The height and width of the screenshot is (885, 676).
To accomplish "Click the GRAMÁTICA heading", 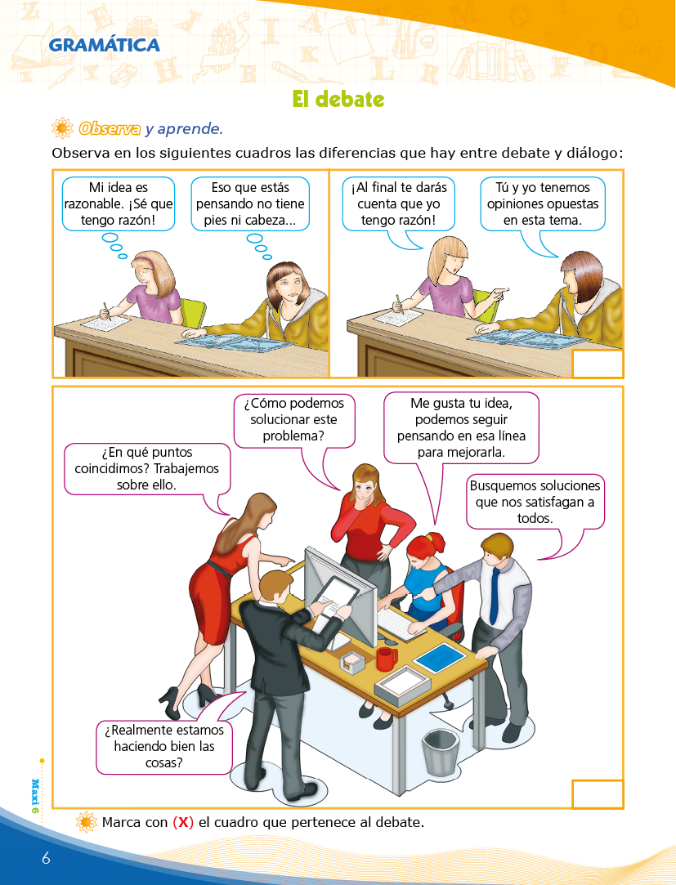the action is click(x=104, y=45).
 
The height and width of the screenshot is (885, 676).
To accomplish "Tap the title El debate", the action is click(x=338, y=100).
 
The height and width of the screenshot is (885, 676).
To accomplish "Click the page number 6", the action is click(x=46, y=858).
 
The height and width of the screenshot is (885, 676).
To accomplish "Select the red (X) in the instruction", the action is click(x=183, y=822).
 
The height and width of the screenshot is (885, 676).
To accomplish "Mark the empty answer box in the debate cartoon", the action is click(x=598, y=364).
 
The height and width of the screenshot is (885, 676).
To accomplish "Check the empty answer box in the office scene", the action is click(x=598, y=794).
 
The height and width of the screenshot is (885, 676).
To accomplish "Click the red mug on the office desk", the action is click(x=387, y=659).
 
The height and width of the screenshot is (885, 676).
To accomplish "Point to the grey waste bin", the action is click(x=438, y=752).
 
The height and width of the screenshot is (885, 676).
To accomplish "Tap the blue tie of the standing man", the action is click(x=495, y=595).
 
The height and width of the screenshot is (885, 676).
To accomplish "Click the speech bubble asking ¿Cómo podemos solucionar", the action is click(x=294, y=421).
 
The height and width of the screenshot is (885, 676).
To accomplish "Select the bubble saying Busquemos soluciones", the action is click(x=535, y=502).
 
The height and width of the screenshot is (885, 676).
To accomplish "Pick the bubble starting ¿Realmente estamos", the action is click(x=163, y=747).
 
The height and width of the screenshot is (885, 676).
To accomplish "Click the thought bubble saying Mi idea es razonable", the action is click(x=118, y=203).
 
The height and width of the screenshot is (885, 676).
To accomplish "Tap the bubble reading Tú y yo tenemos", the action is click(x=543, y=203).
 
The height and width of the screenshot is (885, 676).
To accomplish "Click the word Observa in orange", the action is click(x=110, y=128).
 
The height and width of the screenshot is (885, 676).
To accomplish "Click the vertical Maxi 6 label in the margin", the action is click(x=35, y=795).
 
